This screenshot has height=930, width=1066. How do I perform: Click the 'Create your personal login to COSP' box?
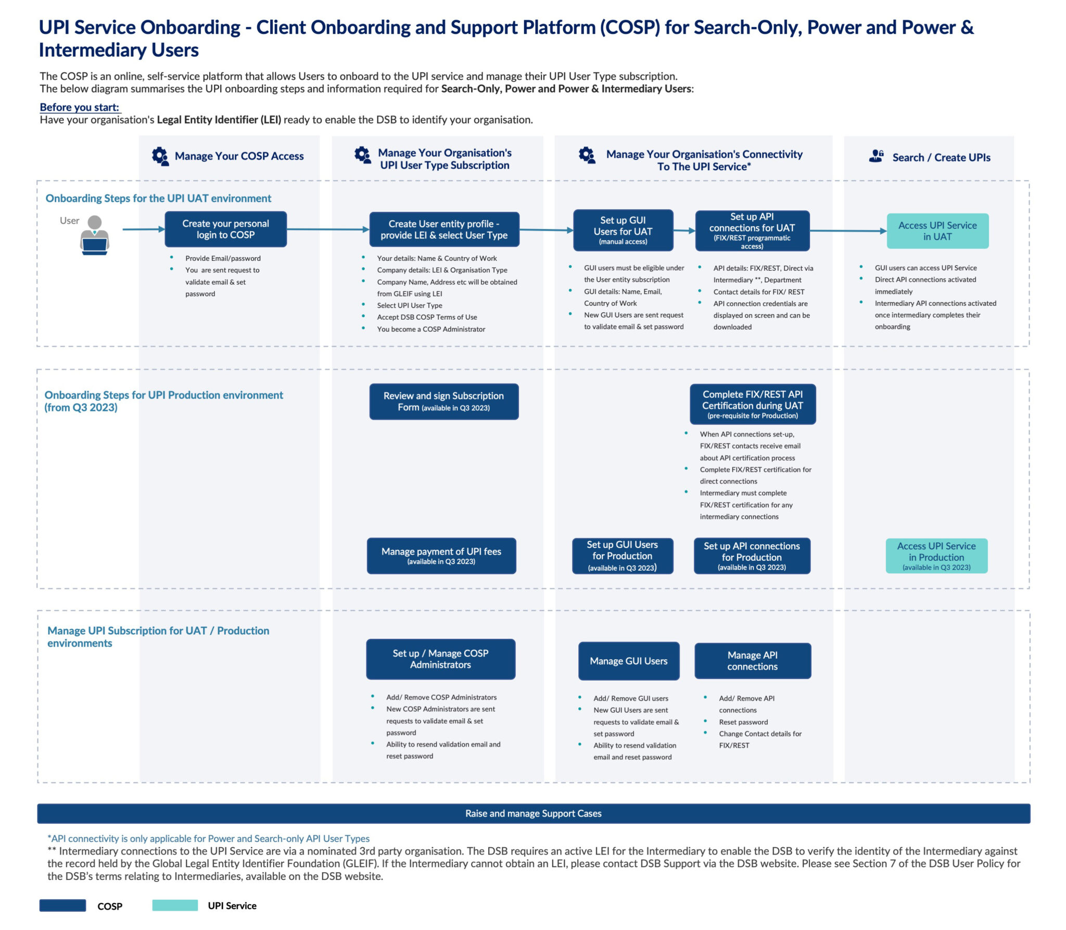[225, 229]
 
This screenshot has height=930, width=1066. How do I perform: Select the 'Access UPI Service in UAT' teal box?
[937, 231]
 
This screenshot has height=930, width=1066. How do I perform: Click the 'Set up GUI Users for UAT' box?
[623, 230]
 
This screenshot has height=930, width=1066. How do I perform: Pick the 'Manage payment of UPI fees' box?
[441, 556]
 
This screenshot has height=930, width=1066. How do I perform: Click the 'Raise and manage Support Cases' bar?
[533, 813]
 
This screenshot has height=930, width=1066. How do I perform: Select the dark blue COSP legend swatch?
[62, 906]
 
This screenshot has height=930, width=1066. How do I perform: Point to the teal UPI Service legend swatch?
[175, 906]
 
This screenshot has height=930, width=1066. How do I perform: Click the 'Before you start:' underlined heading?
[80, 107]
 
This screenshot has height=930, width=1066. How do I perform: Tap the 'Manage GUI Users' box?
[628, 661]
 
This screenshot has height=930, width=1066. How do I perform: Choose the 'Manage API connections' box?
[752, 661]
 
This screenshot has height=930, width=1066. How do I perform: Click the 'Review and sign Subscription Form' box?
[443, 401]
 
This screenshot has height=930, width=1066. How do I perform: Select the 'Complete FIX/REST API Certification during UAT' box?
[752, 404]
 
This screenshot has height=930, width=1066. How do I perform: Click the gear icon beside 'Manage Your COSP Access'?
[160, 156]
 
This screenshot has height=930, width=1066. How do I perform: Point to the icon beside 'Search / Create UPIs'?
[877, 156]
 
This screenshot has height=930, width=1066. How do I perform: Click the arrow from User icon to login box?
[143, 229]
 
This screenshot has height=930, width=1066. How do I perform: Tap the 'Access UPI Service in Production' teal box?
[936, 556]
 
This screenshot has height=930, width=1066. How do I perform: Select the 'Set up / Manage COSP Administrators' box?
[440, 659]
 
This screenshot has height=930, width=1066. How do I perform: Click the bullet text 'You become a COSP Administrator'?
[430, 329]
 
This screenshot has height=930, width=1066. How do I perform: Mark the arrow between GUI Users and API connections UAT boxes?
[684, 230]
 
